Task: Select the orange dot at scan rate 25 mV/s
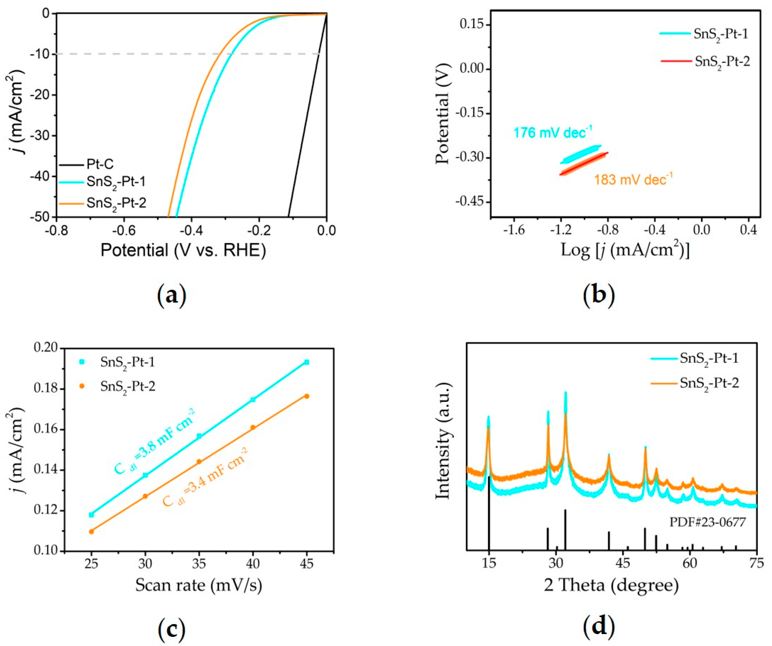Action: point(92,531)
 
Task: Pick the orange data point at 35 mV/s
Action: point(199,462)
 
